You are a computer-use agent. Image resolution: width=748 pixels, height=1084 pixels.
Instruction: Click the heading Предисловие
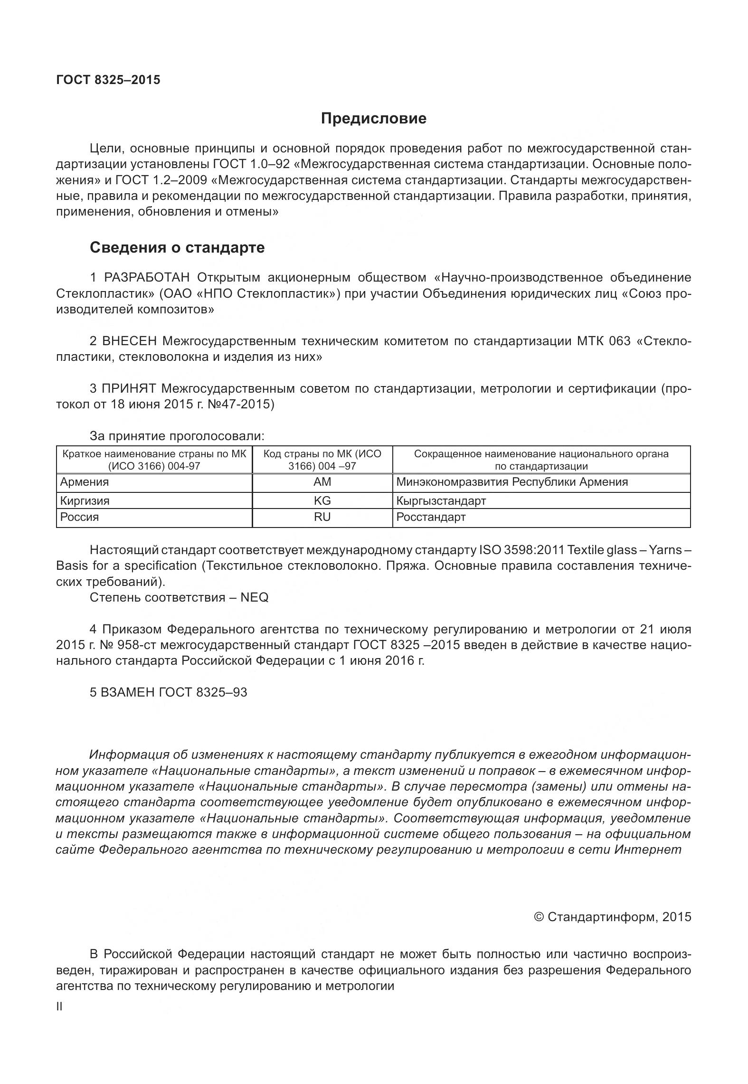(x=373, y=118)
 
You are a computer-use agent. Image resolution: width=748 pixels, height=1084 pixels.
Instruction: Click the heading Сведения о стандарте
(x=177, y=247)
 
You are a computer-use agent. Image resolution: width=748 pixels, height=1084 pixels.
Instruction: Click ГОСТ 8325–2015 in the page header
(x=108, y=80)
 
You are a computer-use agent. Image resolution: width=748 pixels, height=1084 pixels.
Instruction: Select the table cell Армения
(x=85, y=482)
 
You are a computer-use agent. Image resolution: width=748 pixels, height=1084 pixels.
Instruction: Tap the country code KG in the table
(x=322, y=500)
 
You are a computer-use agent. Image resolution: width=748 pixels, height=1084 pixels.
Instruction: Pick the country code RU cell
(x=322, y=517)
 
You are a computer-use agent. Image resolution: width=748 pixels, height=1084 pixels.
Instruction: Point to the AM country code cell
(x=322, y=482)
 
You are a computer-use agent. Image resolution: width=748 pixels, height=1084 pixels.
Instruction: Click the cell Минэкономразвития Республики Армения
(x=512, y=482)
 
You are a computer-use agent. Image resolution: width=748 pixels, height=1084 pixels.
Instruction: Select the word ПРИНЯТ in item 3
(x=128, y=389)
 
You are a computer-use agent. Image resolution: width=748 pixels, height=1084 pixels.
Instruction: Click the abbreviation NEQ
(x=255, y=597)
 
